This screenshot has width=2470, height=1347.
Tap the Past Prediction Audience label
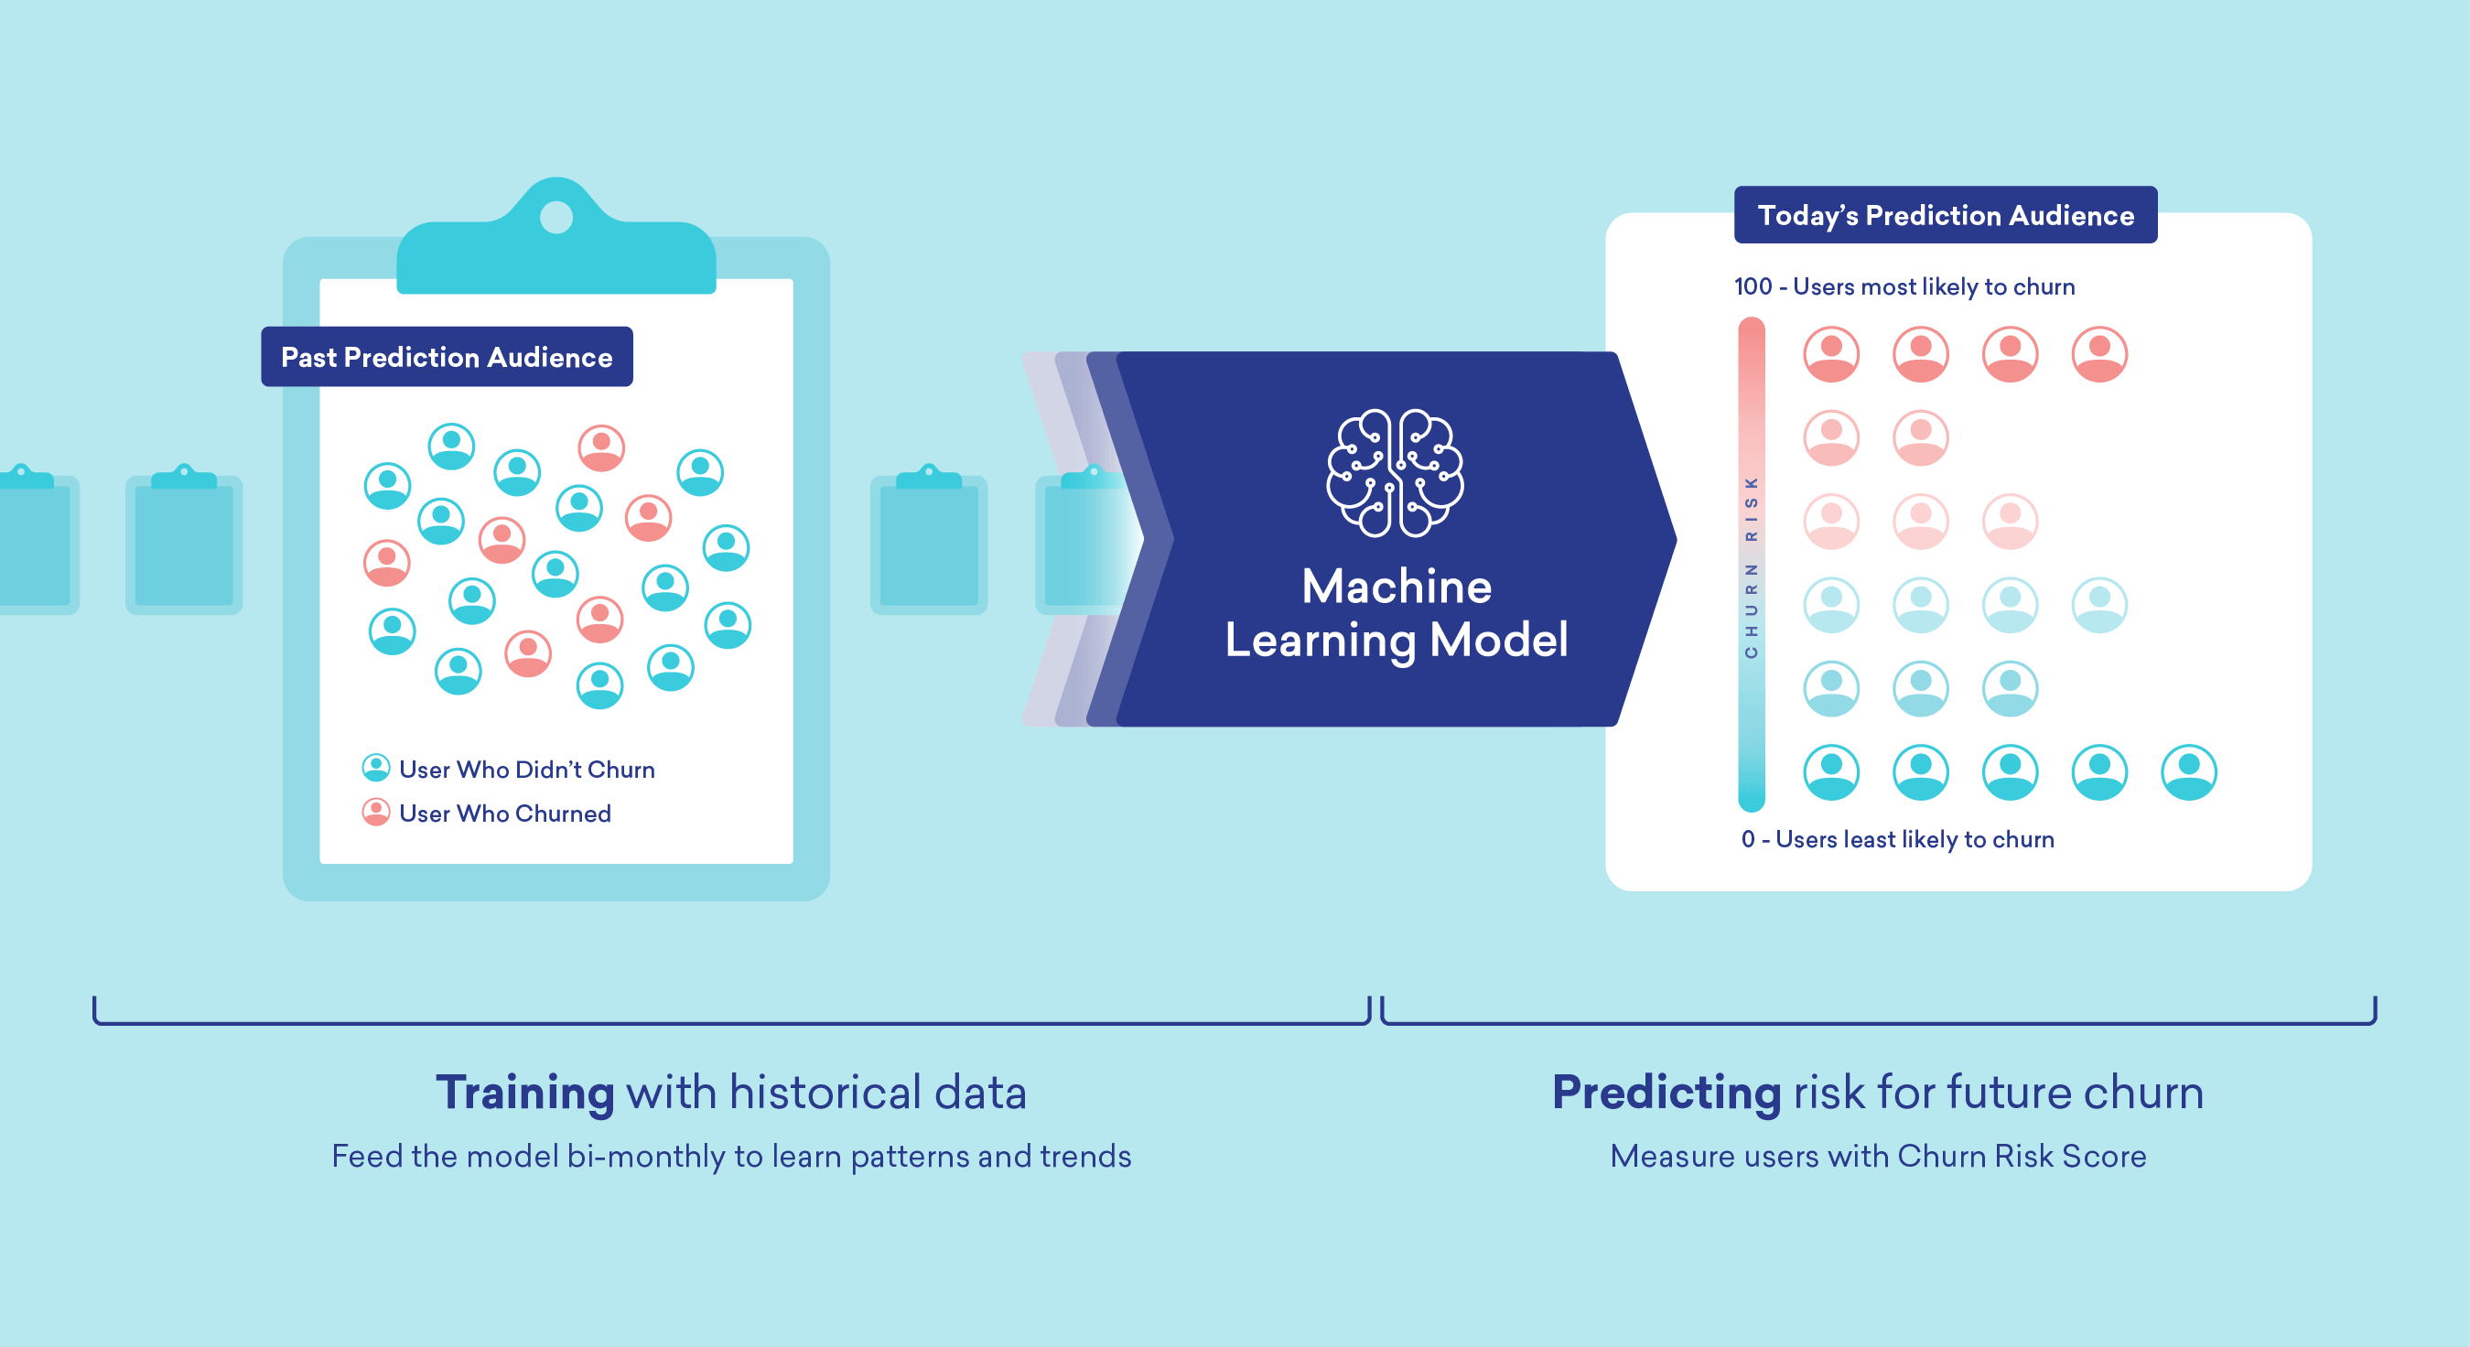pyautogui.click(x=447, y=357)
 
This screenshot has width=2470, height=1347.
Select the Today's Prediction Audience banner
pyautogui.click(x=1946, y=215)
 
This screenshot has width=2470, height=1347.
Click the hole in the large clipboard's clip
pyautogui.click(x=556, y=217)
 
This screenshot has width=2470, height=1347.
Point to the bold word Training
pyautogui.click(x=524, y=1092)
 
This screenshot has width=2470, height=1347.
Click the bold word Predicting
pyautogui.click(x=1666, y=1092)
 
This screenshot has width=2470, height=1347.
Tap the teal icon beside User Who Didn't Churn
pyautogui.click(x=376, y=768)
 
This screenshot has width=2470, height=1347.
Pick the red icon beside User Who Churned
pyautogui.click(x=376, y=812)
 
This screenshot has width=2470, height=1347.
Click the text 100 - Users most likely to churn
pyautogui.click(x=1904, y=286)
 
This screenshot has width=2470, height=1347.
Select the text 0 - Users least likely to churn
pyautogui.click(x=1896, y=839)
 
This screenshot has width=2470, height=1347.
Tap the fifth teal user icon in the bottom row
pyautogui.click(x=2188, y=771)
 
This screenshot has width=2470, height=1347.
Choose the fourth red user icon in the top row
pyautogui.click(x=2099, y=354)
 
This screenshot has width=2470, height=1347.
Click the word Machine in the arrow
pyautogui.click(x=1397, y=586)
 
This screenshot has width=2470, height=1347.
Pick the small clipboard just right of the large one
pyautogui.click(x=928, y=542)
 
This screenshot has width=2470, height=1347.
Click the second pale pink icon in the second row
pyautogui.click(x=1921, y=437)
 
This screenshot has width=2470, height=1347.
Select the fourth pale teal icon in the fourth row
pyautogui.click(x=2099, y=604)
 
